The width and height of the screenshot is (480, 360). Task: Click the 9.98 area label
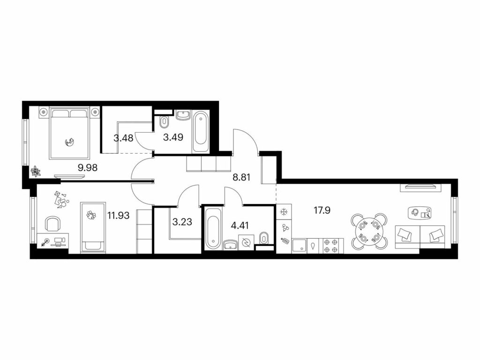[x=88, y=167]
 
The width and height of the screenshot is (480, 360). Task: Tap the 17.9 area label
[x=322, y=210]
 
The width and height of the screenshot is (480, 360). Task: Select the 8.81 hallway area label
[x=241, y=177]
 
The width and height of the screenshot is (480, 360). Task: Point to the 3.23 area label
[x=182, y=222]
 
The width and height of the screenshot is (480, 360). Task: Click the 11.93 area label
[x=118, y=216]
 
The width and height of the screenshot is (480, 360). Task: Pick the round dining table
[x=369, y=231]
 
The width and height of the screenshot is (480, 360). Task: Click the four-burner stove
[x=331, y=246]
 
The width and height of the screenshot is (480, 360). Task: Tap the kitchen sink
[x=299, y=246]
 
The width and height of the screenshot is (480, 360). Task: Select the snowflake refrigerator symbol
[x=284, y=211]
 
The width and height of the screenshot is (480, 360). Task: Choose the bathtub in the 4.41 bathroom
[x=212, y=228]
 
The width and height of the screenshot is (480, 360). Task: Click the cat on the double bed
[x=70, y=142]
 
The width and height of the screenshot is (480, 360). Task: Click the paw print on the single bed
[x=91, y=215]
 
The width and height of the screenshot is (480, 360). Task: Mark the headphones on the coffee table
[x=415, y=211]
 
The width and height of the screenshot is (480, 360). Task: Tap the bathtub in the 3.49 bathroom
[x=201, y=132]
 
